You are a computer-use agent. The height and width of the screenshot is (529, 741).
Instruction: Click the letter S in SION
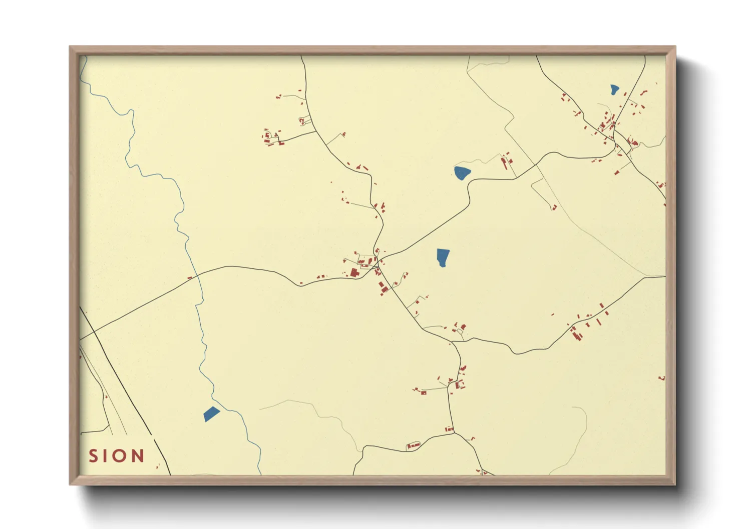click(93, 456)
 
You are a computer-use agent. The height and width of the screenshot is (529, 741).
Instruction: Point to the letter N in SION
click(137, 456)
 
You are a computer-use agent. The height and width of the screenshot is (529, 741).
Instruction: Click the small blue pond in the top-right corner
click(614, 89)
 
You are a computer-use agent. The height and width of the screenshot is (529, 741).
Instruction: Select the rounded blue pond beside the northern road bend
click(462, 173)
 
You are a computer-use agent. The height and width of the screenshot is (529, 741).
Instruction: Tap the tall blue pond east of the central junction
click(443, 257)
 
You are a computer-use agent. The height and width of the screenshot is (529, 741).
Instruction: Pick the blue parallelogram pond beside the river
click(211, 414)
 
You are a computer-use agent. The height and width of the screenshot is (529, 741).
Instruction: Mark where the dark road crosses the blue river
click(198, 274)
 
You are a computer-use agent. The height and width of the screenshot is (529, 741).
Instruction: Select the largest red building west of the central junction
click(354, 272)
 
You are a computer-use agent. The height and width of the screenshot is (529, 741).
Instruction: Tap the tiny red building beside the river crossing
click(190, 277)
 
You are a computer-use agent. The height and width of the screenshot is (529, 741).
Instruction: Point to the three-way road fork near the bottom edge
click(454, 433)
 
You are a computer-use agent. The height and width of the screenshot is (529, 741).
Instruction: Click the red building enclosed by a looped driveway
click(302, 120)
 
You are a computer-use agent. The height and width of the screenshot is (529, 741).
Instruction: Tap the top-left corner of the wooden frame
click(70, 47)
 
